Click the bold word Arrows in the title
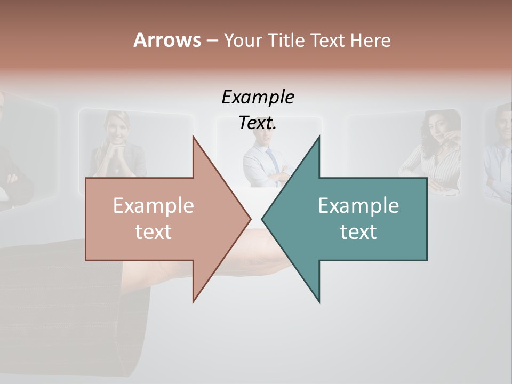[x=167, y=40]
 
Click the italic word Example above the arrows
[x=258, y=98]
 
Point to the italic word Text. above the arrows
[x=258, y=123]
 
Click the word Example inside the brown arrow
[x=154, y=206]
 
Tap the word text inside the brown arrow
[x=154, y=232]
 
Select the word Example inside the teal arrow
[x=358, y=206]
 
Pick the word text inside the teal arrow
[x=358, y=232]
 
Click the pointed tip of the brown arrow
[x=250, y=218]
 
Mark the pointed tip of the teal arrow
[x=263, y=218]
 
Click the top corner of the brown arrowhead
[x=194, y=137]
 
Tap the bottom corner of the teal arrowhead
[x=319, y=301]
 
